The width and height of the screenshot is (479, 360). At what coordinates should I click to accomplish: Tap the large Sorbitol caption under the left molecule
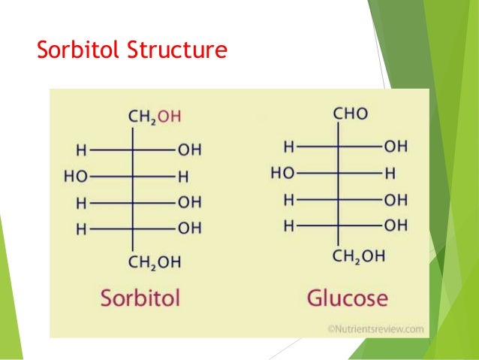[x=141, y=298]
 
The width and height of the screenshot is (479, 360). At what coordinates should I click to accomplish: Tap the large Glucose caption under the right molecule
[x=347, y=298]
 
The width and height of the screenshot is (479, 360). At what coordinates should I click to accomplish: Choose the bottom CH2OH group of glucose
[x=358, y=256]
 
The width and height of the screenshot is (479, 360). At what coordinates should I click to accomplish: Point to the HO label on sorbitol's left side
[x=76, y=177]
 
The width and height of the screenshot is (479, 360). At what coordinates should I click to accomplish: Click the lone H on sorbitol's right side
[x=183, y=177]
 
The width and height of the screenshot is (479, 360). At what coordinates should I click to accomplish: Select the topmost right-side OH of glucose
[x=396, y=145]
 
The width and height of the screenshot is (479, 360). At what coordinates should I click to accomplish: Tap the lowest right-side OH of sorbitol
[x=189, y=228]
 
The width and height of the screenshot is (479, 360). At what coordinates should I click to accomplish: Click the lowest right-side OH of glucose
[x=396, y=225]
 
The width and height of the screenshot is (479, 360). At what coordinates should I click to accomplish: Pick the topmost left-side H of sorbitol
[x=81, y=150]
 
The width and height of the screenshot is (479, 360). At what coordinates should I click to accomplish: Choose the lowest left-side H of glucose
[x=288, y=225]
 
